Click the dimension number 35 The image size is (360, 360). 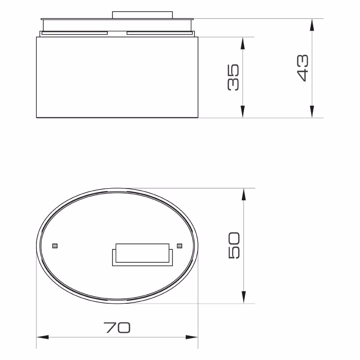pos(233,77)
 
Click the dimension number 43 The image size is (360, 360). pos(302,68)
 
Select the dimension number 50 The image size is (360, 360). pos(234,245)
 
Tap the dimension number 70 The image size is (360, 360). pos(117,328)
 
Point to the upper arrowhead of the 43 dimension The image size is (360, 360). pos(312,25)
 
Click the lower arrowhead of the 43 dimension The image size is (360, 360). pos(312,112)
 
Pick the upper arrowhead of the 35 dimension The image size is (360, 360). pos(243,43)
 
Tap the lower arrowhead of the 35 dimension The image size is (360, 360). pos(243,112)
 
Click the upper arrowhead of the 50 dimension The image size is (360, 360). pos(244,194)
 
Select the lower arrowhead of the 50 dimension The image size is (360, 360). pos(244,297)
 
